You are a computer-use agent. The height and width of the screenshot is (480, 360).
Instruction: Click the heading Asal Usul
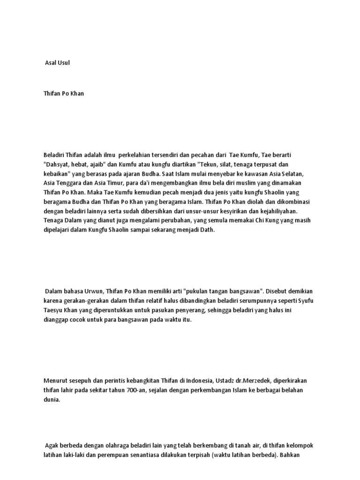(x=57, y=63)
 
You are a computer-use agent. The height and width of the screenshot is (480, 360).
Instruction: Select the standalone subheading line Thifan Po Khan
(x=64, y=93)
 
